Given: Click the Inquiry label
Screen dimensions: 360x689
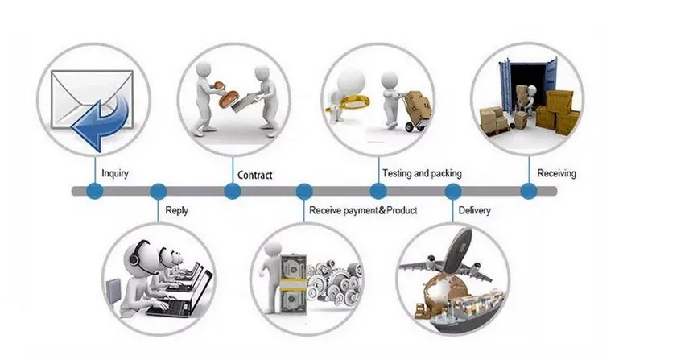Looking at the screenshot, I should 115,173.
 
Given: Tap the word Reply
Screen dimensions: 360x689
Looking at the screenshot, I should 176,211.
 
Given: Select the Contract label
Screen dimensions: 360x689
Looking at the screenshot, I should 255,175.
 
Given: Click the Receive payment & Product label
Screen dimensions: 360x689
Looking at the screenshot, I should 362,211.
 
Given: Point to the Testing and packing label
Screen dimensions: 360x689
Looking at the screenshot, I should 422,173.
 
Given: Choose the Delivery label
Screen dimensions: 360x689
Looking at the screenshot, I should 475,211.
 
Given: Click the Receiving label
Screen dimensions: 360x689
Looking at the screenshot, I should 556,173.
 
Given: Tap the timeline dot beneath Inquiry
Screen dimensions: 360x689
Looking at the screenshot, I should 95,192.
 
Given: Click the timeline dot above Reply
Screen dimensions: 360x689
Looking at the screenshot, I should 159,192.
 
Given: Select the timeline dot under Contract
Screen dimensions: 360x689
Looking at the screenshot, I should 232,192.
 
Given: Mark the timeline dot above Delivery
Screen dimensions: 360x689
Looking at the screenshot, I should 453,192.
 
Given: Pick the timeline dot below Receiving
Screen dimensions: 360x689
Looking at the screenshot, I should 528,192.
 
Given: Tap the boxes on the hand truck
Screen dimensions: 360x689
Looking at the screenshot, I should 416,103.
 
